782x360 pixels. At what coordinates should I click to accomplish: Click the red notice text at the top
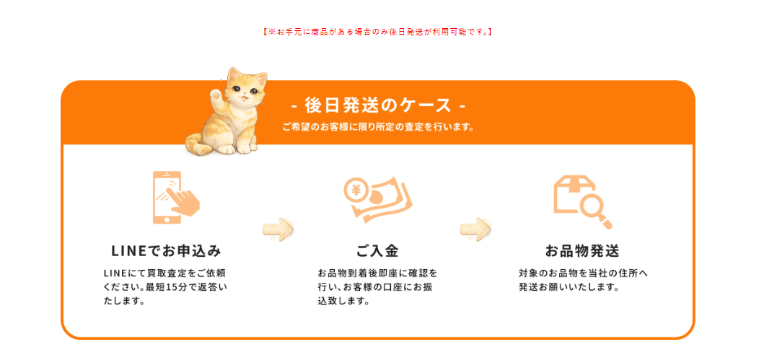pyautogui.click(x=377, y=32)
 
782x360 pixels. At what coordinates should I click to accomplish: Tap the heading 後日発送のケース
pyautogui.click(x=377, y=106)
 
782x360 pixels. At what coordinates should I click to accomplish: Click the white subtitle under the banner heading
pyautogui.click(x=377, y=127)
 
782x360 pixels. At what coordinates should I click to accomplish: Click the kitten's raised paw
pyautogui.click(x=216, y=93)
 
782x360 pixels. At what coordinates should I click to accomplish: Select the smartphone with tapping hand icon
pyautogui.click(x=175, y=198)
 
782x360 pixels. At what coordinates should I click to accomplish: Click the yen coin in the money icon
pyautogui.click(x=356, y=190)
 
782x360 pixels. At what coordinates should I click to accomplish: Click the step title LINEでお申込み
pyautogui.click(x=165, y=251)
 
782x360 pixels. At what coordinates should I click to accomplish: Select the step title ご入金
pyautogui.click(x=377, y=251)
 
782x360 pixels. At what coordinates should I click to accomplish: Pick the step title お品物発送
pyautogui.click(x=581, y=251)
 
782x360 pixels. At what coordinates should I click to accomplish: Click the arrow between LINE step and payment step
pyautogui.click(x=278, y=229)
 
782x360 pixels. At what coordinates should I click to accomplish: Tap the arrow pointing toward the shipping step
pyautogui.click(x=475, y=229)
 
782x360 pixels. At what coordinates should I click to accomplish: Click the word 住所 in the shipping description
pyautogui.click(x=626, y=273)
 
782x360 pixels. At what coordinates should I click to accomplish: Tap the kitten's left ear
pyautogui.click(x=234, y=74)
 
